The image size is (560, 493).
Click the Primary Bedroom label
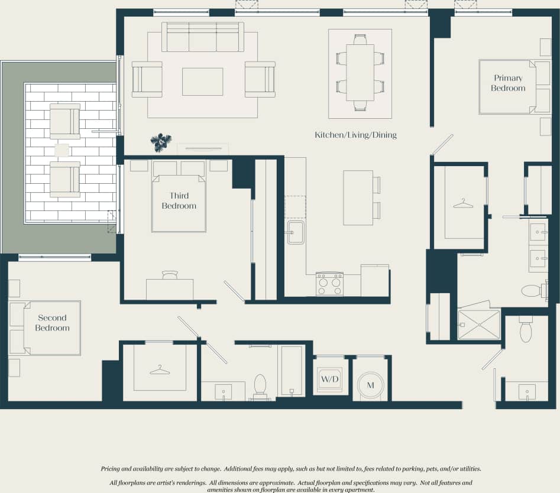[508, 83]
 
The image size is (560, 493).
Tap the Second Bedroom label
[52, 323]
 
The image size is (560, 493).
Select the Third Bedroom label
[179, 201]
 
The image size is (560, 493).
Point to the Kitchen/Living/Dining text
[355, 135]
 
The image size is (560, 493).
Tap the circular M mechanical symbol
[371, 385]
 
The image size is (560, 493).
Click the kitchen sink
[295, 232]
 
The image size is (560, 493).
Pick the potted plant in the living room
[160, 142]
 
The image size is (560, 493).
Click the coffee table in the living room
[202, 82]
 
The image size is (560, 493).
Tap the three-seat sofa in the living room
[202, 38]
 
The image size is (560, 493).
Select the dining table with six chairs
[360, 73]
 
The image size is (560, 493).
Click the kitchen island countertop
[358, 197]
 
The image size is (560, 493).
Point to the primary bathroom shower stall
[478, 325]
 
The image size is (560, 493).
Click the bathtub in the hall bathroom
[292, 371]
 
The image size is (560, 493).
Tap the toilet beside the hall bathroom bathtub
[260, 386]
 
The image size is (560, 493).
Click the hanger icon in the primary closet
[463, 204]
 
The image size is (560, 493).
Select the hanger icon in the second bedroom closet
[159, 370]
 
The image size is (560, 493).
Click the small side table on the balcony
[61, 150]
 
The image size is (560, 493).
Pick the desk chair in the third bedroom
[170, 275]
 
